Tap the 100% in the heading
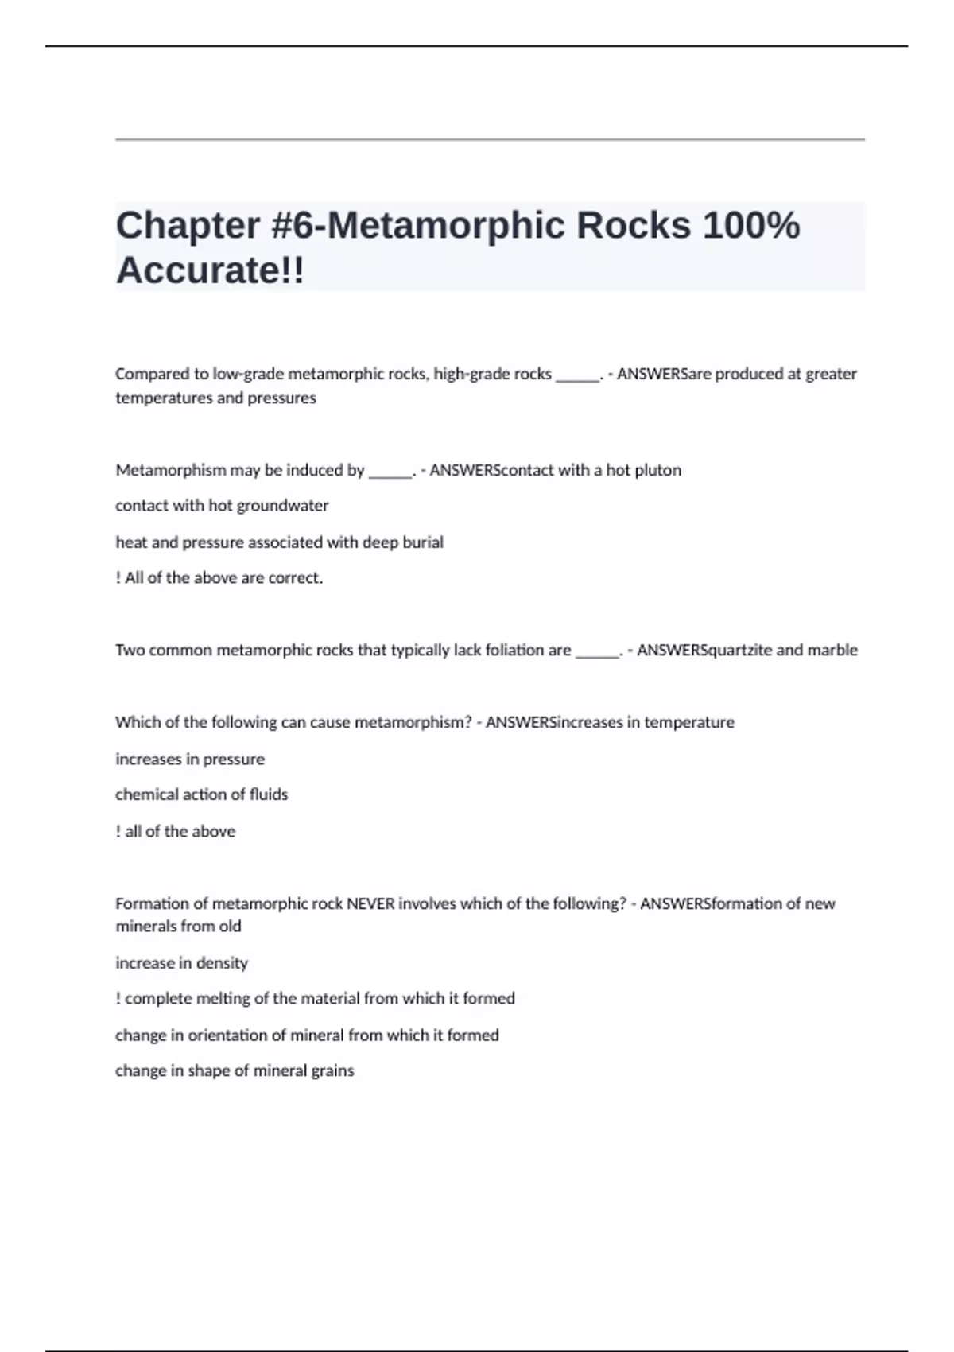coord(750,226)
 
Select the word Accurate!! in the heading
coord(210,270)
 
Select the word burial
coord(424,542)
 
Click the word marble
coord(832,651)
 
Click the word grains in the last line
coord(333,1071)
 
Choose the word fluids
coord(269,794)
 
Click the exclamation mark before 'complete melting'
coord(118,999)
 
